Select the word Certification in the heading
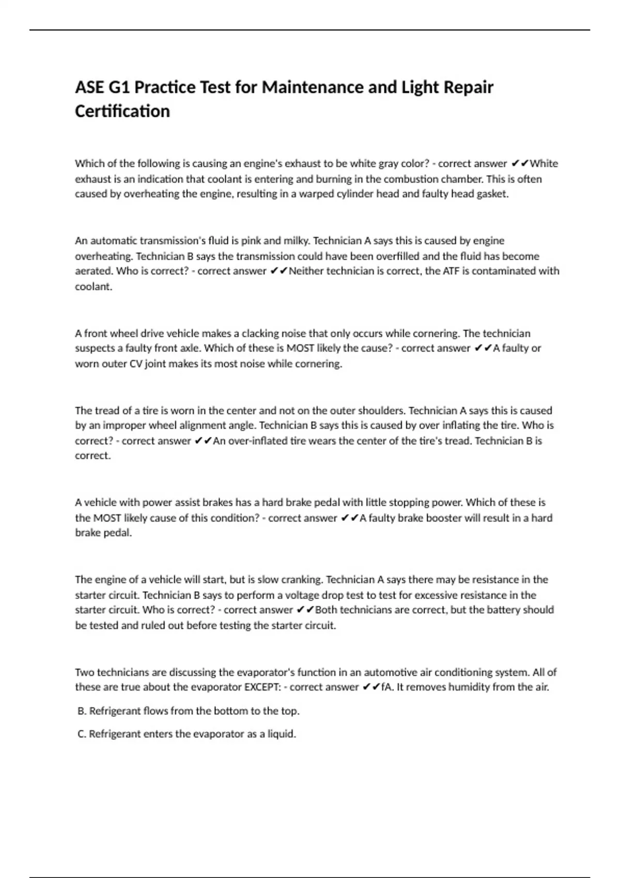(122, 111)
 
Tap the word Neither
(306, 271)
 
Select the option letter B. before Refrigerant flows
(82, 711)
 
